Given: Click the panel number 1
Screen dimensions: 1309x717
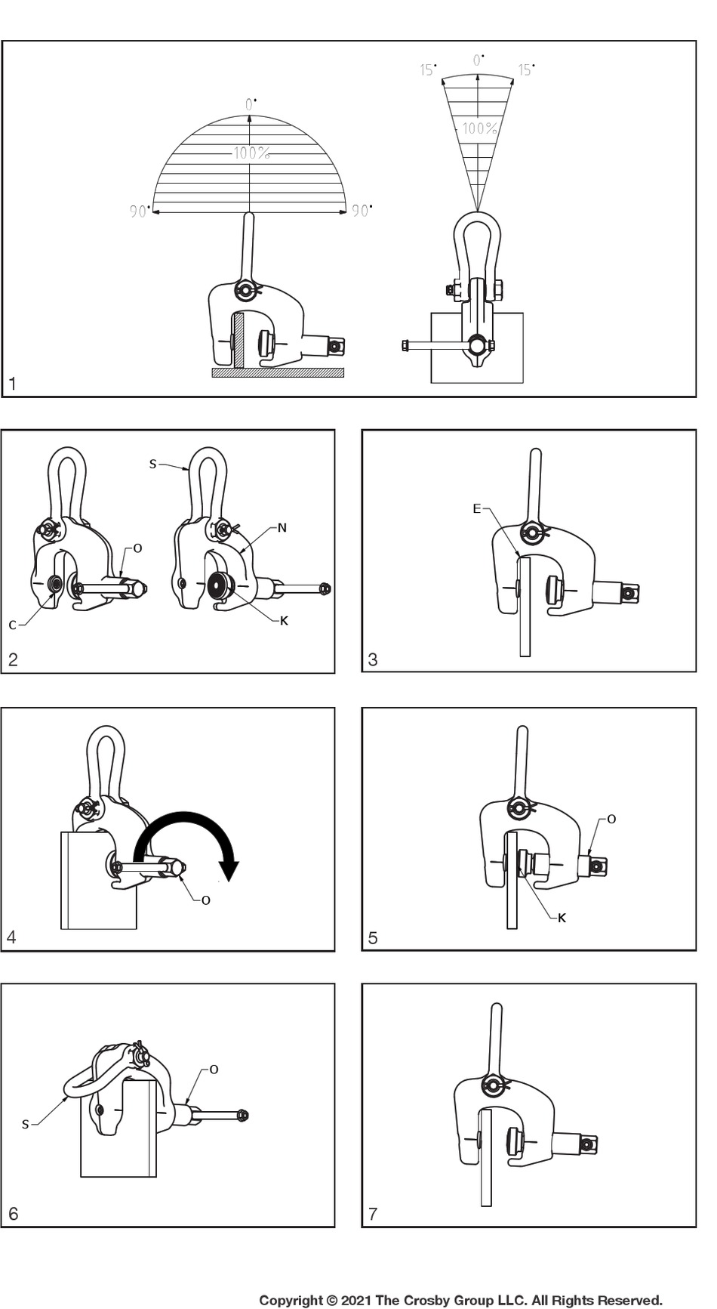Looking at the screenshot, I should point(12,384).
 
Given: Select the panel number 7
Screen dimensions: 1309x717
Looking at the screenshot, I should point(373,1214).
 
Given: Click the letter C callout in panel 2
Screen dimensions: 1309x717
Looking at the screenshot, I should point(12,625).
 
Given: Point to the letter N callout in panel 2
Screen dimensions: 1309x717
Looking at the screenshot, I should point(282,527).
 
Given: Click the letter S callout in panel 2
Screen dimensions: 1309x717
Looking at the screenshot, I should point(152,464).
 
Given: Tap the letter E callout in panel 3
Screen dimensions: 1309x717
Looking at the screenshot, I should point(476,508).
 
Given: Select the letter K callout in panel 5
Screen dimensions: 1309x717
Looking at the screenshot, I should point(562,918).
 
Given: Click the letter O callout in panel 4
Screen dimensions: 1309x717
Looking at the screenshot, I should point(205,900).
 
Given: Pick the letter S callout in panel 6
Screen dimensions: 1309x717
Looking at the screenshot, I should point(25,1125).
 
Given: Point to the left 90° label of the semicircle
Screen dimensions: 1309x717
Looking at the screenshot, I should point(139,211).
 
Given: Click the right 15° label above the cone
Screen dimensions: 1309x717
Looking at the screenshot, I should point(526,70).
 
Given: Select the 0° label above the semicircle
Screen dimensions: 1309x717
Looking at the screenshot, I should point(251,104).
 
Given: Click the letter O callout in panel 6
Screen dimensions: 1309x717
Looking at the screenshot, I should point(214,1070).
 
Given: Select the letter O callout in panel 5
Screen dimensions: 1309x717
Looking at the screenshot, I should point(611,819).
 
